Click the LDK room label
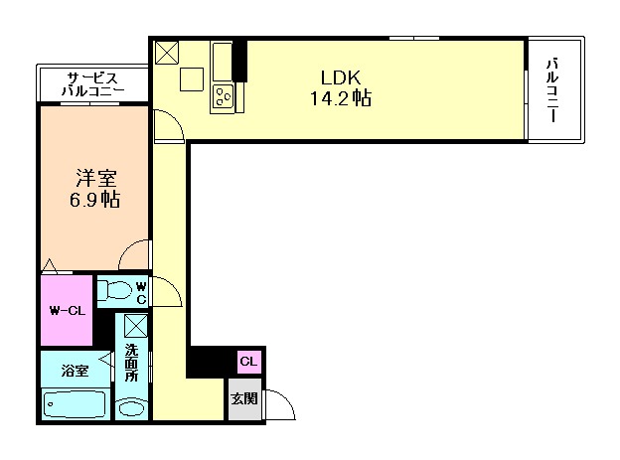[341, 77]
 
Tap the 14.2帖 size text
[341, 97]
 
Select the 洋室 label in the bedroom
[96, 178]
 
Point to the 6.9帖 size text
[95, 200]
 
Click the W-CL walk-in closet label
[68, 311]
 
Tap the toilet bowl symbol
[114, 289]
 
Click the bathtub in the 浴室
[75, 403]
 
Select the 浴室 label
[75, 371]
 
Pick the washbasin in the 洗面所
[132, 408]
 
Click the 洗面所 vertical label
[131, 363]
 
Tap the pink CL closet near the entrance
[249, 362]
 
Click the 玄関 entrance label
[244, 398]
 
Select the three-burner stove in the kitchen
[223, 96]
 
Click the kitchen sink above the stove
[223, 62]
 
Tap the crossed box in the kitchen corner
[167, 53]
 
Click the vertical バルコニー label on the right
[552, 90]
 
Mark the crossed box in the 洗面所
[135, 326]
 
